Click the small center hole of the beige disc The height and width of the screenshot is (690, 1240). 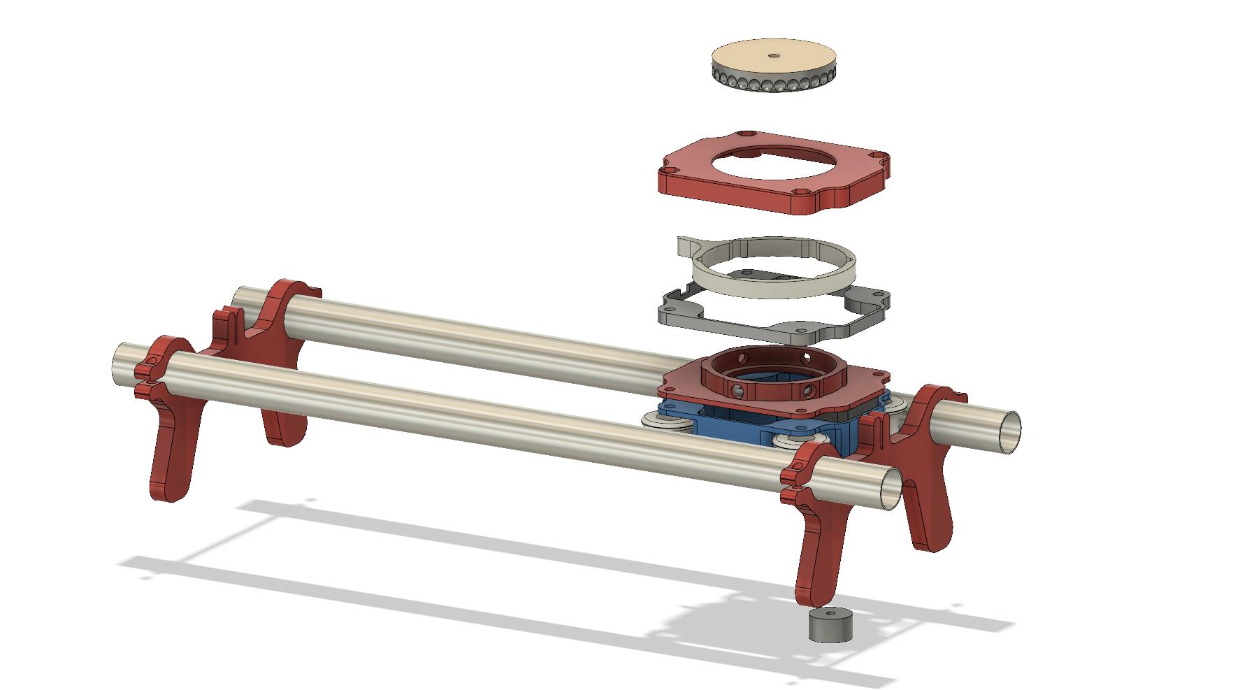tap(773, 56)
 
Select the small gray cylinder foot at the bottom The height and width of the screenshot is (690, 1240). tap(832, 624)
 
